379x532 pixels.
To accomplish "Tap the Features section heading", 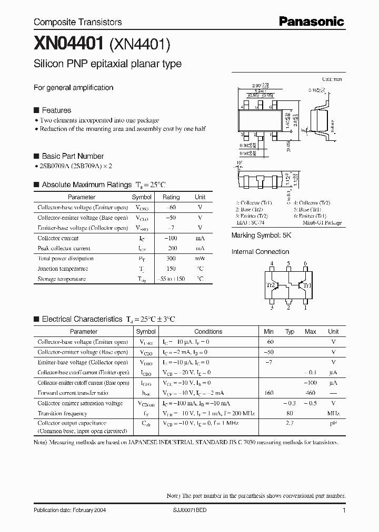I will pos(56,110).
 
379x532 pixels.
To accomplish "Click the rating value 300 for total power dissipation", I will pos(171,259).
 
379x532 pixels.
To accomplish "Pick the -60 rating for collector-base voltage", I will pos(171,207).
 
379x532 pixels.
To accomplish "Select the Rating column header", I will pos(171,197).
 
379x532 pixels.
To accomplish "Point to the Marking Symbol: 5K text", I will pos(261,236).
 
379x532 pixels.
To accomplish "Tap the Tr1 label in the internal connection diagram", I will pos(307,285).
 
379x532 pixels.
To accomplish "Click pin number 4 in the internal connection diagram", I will pos(272,263).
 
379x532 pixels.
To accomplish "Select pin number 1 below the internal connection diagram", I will pos(305,308).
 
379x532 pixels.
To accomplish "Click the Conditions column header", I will pos(208,332).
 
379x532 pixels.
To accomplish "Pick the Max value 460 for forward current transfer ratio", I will pos(310,393).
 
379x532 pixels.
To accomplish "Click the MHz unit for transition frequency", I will pos(333,413).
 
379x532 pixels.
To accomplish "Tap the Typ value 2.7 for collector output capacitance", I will pos(289,423).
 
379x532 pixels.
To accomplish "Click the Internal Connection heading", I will pos(260,252).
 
